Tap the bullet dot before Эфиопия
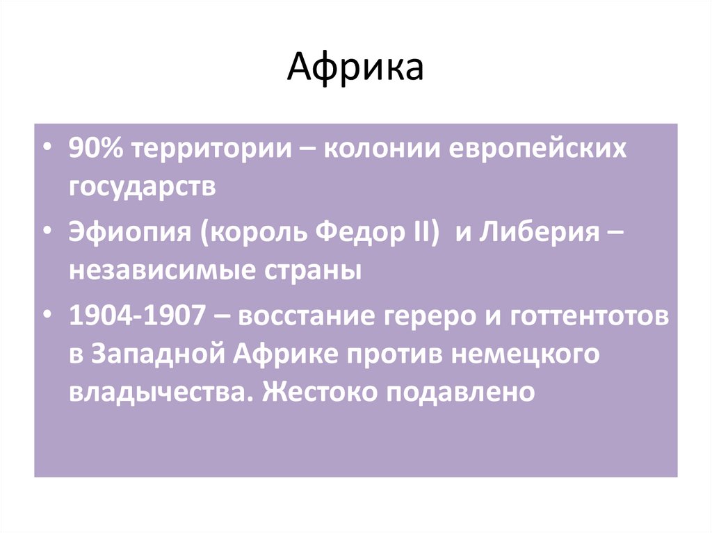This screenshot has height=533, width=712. click(x=46, y=232)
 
